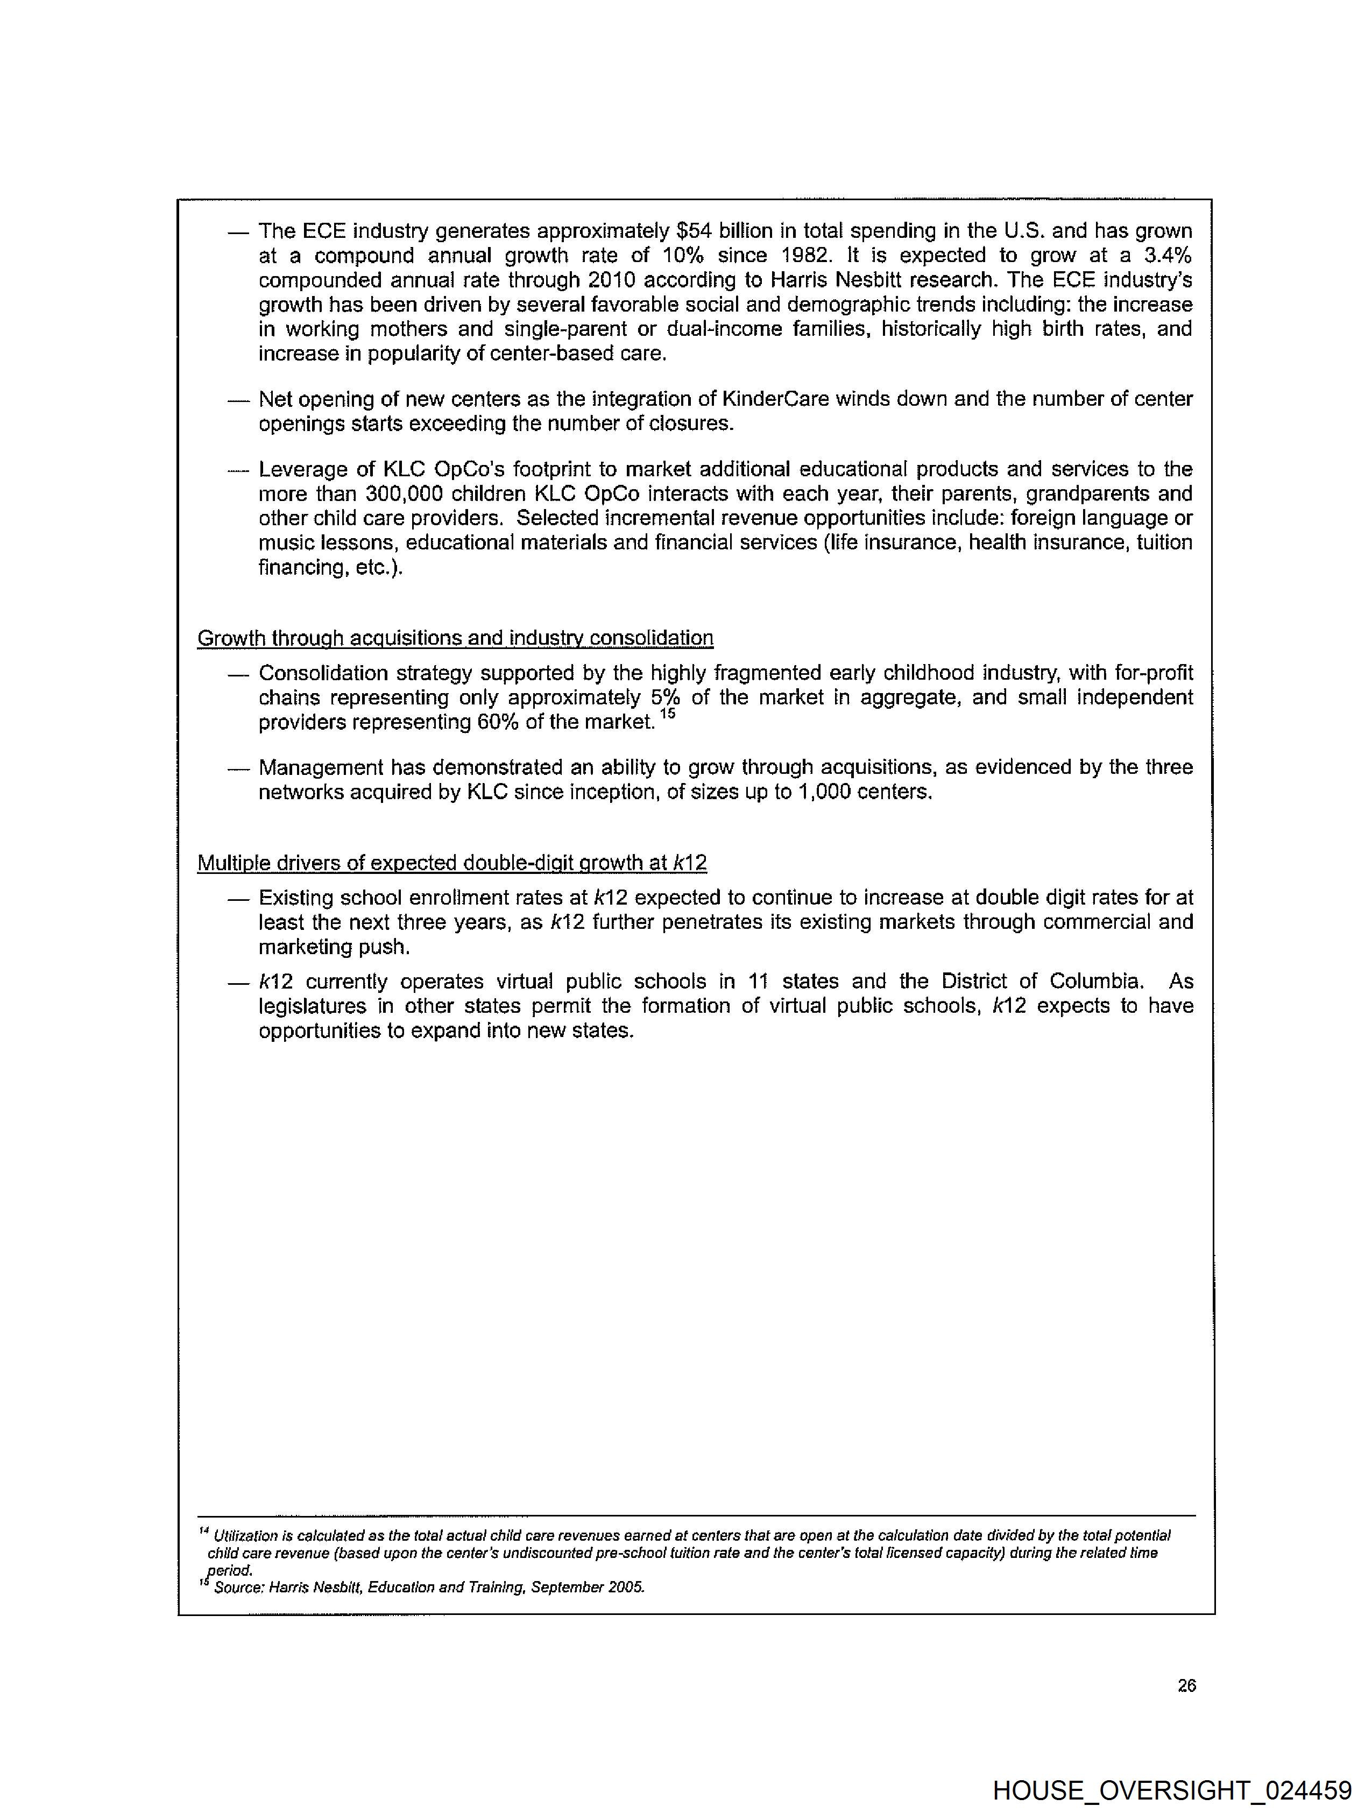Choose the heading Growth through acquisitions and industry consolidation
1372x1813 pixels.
pos(455,638)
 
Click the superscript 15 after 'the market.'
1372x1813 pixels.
pos(667,714)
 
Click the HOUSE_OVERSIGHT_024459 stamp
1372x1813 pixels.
pos(1172,1790)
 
